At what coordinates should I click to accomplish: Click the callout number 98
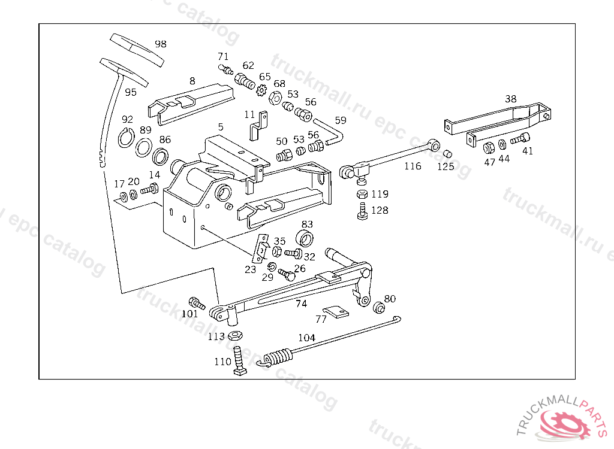point(160,44)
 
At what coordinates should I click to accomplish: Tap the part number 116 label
point(413,166)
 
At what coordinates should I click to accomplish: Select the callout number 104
point(306,338)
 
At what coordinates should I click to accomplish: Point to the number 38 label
point(510,99)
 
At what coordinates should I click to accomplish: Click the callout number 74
point(301,304)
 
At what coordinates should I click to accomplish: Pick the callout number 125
point(446,167)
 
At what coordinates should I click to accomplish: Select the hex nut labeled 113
point(235,336)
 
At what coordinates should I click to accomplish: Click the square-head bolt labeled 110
point(237,362)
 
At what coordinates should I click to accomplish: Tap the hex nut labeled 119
point(362,194)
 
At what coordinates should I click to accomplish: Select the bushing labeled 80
point(378,308)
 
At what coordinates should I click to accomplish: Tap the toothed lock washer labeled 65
point(261,90)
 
